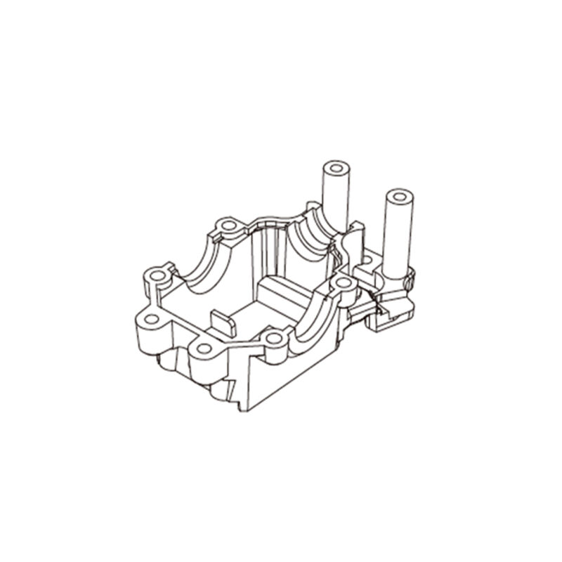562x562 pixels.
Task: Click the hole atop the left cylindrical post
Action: coord(336,170)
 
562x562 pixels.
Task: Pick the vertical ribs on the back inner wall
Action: coord(270,249)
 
